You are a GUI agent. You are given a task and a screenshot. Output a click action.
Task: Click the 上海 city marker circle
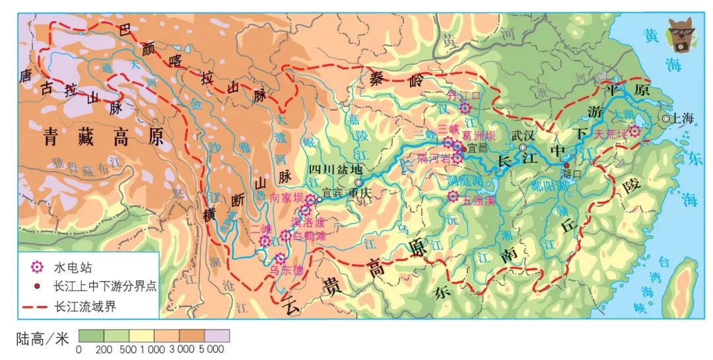coord(665,118)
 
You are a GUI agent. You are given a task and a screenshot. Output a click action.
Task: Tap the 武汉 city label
coord(523,135)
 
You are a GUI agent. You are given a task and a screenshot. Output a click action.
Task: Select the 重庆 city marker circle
coord(358,183)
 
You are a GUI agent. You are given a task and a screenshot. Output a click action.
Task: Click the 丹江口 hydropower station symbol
coord(465,108)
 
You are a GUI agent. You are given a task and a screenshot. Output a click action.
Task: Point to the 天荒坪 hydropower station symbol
coord(634,131)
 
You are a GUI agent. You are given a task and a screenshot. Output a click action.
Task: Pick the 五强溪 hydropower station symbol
coord(453,196)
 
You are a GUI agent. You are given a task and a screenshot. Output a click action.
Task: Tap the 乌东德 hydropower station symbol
coord(281,258)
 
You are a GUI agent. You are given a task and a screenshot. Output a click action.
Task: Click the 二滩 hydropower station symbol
coord(265,241)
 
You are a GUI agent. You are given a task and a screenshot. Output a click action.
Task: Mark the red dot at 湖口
coord(566,165)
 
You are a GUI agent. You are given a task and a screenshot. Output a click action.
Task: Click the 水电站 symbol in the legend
coord(37,268)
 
